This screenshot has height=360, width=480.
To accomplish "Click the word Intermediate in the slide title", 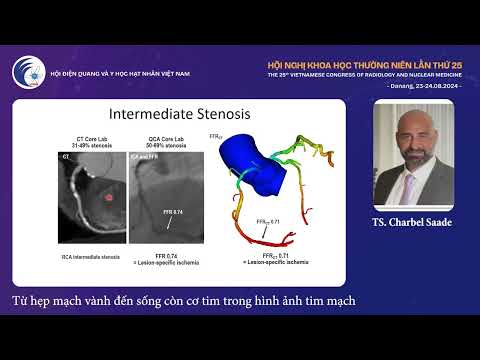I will pyautogui.click(x=153, y=115).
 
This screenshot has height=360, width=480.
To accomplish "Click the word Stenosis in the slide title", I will pyautogui.click(x=222, y=115).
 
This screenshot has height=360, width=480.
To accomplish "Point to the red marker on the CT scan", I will pyautogui.click(x=109, y=197).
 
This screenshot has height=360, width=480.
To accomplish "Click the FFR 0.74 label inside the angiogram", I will pyautogui.click(x=172, y=213).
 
